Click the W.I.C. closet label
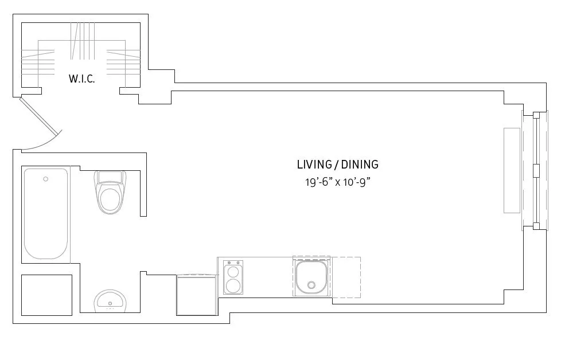pos(81,79)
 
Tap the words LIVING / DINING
pos(337,165)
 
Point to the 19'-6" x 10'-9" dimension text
pos(337,182)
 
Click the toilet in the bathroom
pos(111,195)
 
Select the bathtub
pos(46,213)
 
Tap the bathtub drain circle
pos(46,179)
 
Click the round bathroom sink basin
pos(110,300)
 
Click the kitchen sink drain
pos(311,285)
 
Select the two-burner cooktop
pos(233,277)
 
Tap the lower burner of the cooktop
pos(233,285)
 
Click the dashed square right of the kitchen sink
pos(346,277)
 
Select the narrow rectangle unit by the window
pos(512,170)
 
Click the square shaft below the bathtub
pos(46,295)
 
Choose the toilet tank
pos(111,175)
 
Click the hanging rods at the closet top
pos(81,41)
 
